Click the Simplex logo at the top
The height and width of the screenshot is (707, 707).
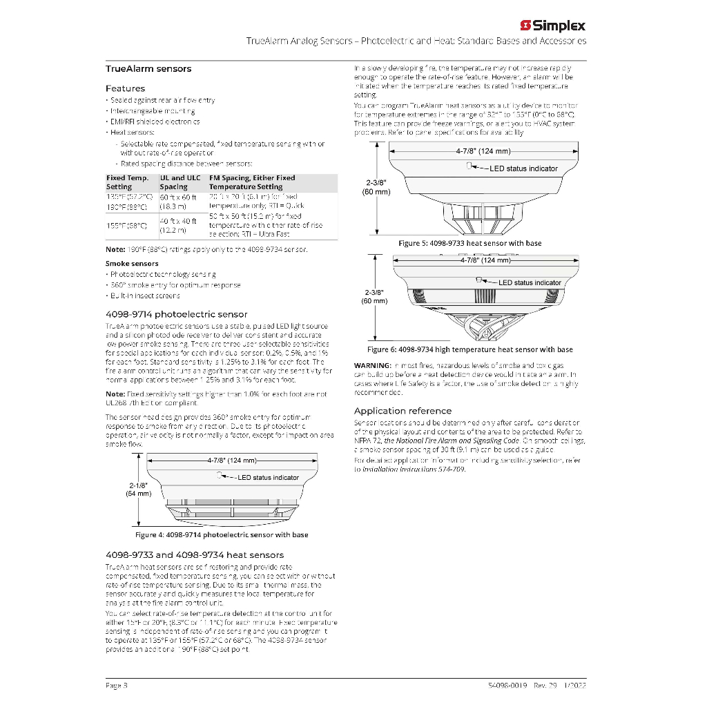552,26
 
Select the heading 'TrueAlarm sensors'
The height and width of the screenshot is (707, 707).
148,69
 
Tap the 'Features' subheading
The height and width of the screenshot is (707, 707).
125,88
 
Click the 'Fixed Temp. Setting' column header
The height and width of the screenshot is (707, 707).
128,182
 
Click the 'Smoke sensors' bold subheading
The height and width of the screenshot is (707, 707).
132,264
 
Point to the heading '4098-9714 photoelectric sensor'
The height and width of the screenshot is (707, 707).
176,314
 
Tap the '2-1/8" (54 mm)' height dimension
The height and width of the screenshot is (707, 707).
138,490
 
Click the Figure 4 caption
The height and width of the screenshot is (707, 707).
222,535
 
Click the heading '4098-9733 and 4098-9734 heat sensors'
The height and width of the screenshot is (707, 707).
195,555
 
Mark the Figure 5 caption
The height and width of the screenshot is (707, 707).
470,243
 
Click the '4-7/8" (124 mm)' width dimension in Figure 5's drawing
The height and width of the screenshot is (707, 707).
482,151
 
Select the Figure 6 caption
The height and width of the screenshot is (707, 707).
469,349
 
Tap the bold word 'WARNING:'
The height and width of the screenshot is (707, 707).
373,365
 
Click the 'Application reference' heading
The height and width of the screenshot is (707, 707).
403,411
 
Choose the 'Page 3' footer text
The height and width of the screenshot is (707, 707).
116,685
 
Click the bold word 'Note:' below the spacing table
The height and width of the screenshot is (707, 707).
115,249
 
